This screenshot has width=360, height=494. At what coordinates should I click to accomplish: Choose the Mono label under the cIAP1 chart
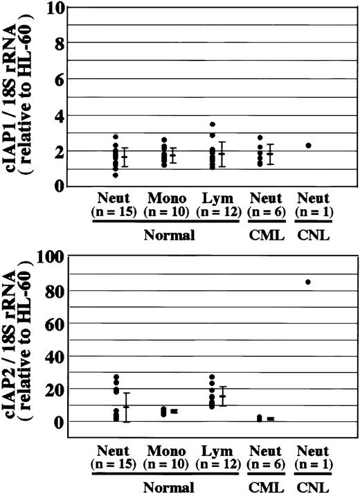[163, 198]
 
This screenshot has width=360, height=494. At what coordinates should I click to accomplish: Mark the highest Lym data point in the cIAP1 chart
[214, 125]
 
